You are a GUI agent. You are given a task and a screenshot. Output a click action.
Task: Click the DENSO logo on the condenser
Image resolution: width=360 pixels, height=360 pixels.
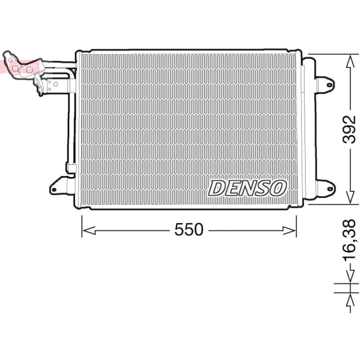coord(247,188)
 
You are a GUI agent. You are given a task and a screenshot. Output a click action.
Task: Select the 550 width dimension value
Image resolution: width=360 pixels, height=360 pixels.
coord(189,230)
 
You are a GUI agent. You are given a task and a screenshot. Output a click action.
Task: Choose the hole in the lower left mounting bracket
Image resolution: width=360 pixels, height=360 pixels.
coord(54,189)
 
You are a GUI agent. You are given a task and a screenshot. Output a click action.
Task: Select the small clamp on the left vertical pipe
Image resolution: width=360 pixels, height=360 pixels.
coord(70,167)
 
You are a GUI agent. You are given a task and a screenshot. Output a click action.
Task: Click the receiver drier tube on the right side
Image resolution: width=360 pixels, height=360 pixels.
coord(302,130)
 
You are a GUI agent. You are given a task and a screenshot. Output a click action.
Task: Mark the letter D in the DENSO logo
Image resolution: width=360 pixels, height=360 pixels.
coord(218,188)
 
